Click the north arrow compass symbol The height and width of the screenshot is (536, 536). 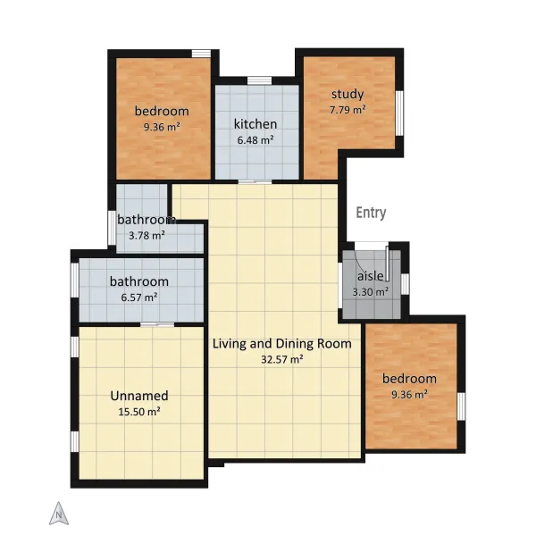(x=59, y=513)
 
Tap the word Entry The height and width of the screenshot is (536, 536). (x=371, y=213)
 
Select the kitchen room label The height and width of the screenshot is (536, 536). (x=255, y=124)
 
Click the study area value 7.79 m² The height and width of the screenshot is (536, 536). (x=348, y=110)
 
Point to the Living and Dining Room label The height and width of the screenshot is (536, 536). (x=282, y=344)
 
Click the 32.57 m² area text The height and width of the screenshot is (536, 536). (x=282, y=359)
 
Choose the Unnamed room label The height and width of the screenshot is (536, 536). (x=139, y=396)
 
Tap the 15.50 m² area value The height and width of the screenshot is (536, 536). (x=139, y=412)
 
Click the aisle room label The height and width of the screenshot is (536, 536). (x=370, y=276)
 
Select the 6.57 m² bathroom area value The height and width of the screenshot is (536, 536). (x=139, y=297)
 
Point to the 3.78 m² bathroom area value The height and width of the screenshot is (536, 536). (x=147, y=235)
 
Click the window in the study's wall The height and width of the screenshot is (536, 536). (x=399, y=113)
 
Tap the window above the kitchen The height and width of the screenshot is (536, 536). (x=259, y=80)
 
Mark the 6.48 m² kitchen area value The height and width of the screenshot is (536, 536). (x=255, y=140)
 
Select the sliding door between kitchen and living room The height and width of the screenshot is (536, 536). (x=255, y=182)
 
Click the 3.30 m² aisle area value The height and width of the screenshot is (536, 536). (x=370, y=292)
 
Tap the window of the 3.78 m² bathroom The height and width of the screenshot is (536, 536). (x=112, y=228)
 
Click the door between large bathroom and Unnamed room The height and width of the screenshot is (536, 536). (x=157, y=324)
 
